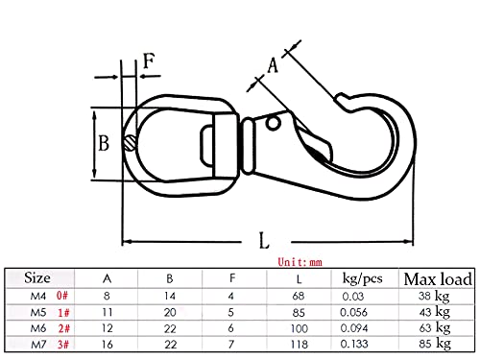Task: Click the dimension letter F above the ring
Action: (149, 60)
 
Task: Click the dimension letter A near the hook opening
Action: (273, 65)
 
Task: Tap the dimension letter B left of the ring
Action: (104, 143)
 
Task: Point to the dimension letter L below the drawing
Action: (264, 241)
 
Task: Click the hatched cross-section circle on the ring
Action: (131, 143)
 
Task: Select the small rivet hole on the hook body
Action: (273, 123)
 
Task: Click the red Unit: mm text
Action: (300, 262)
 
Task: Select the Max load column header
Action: (438, 279)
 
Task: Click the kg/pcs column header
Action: (362, 278)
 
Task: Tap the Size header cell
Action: (37, 277)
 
